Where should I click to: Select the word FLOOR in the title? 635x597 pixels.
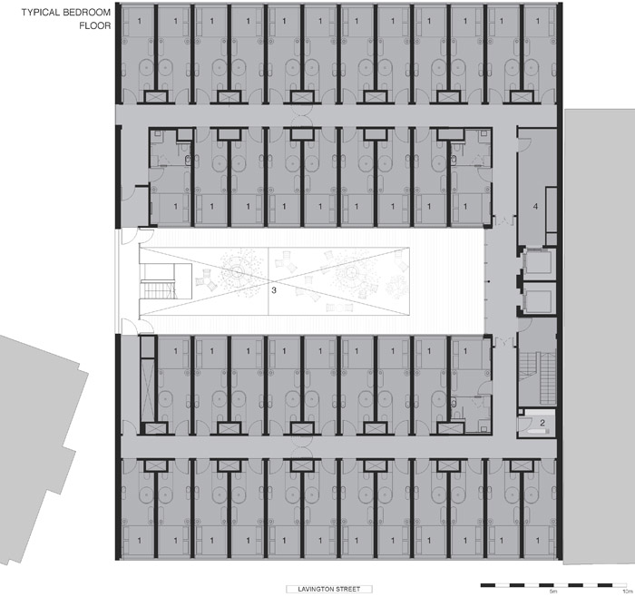tap(94, 25)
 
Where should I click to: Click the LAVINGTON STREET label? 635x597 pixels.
tap(328, 589)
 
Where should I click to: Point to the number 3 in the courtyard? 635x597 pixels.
tap(274, 290)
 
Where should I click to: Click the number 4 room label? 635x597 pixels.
tap(535, 207)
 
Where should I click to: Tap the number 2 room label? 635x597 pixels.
tap(542, 423)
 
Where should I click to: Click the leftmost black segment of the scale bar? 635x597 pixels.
tap(488, 585)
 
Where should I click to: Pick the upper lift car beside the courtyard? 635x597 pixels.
tap(538, 263)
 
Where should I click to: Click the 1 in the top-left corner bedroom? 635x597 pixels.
tap(140, 21)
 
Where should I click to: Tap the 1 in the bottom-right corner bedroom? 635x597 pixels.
tap(538, 541)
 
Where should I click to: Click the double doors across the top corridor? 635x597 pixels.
tap(302, 115)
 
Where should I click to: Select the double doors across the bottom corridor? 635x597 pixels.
tap(302, 447)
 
